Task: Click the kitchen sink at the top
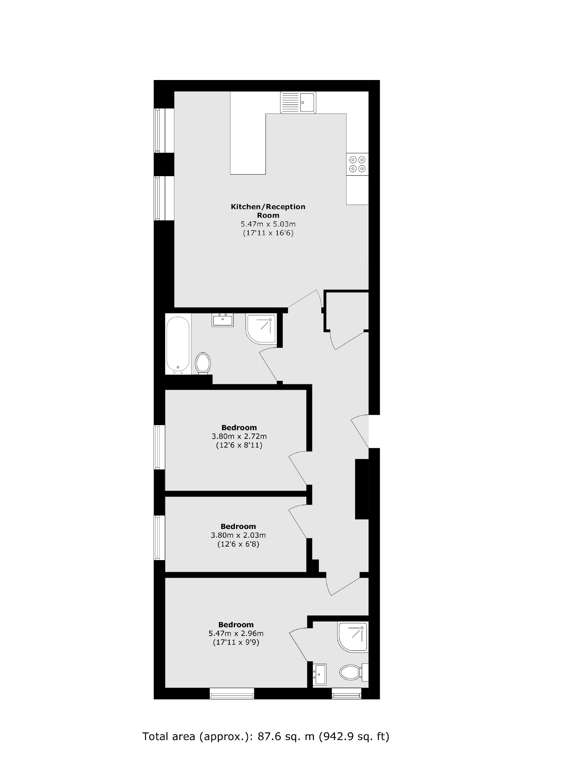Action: [x=298, y=102]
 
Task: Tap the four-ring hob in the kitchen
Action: [x=357, y=164]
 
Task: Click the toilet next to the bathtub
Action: [x=203, y=363]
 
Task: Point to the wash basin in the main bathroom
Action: [x=222, y=320]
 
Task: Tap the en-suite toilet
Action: [x=351, y=672]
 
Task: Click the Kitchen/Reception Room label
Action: [x=268, y=211]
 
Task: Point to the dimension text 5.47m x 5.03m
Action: [x=268, y=224]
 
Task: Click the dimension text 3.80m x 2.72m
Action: [x=239, y=437]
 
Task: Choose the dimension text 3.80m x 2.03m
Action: [x=238, y=535]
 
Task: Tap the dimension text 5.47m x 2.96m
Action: [x=236, y=634]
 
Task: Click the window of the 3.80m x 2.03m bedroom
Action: [x=157, y=537]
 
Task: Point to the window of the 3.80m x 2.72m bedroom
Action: [x=157, y=447]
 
